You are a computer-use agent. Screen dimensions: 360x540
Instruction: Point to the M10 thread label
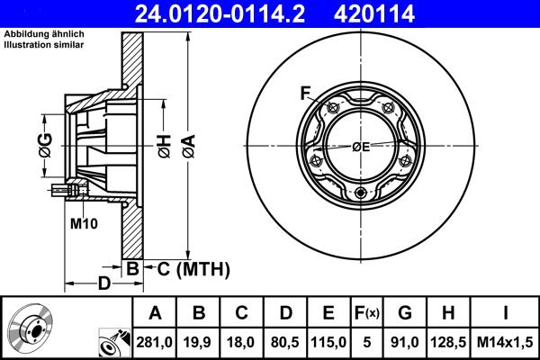(x=83, y=222)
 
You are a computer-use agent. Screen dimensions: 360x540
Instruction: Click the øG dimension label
(x=45, y=144)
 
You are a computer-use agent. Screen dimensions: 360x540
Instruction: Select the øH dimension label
(x=165, y=144)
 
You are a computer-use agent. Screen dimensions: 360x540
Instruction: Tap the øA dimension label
(x=188, y=144)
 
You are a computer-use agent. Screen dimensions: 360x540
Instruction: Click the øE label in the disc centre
(x=361, y=146)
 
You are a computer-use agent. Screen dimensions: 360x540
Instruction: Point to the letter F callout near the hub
(x=305, y=93)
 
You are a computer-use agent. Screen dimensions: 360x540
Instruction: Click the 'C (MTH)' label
(x=194, y=269)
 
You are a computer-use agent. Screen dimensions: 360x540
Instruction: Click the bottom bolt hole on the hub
(x=361, y=193)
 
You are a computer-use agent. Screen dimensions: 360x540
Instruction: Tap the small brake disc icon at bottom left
(x=32, y=328)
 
